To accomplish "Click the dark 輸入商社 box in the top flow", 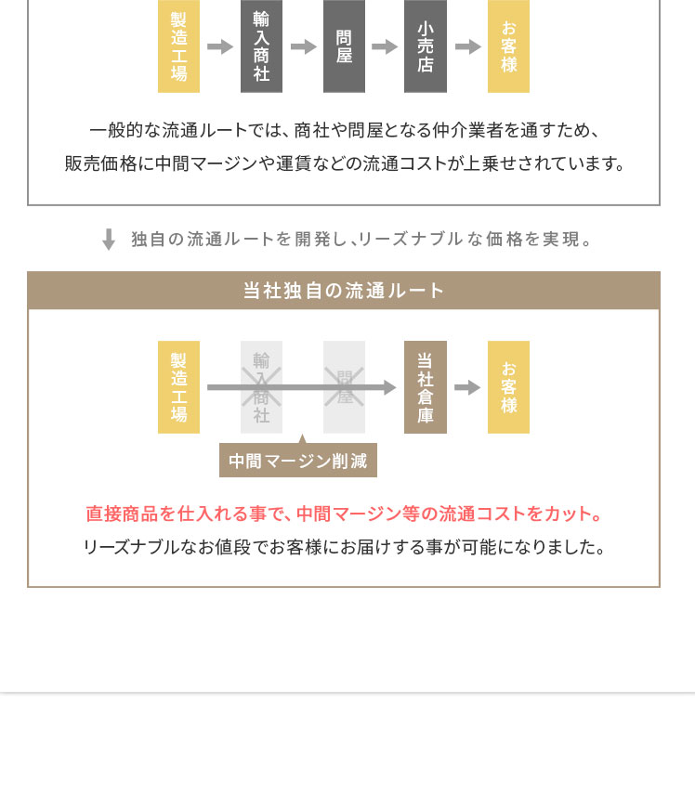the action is (261, 46).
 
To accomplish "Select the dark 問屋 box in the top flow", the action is (344, 46).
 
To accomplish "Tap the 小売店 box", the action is (426, 46).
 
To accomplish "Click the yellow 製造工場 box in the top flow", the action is (178, 46).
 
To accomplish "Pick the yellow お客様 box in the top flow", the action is (508, 46).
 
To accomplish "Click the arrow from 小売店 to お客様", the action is (467, 47).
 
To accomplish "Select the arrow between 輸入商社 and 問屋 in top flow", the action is (304, 47).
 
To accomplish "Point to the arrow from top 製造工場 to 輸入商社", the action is (220, 47).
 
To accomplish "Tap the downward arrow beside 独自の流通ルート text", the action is (109, 240).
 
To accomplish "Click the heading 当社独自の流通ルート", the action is (344, 291).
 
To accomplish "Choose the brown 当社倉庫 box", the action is (426, 387).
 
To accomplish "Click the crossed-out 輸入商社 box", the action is (261, 387).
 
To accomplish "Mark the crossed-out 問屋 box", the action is (344, 387).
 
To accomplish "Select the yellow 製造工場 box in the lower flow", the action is (178, 387).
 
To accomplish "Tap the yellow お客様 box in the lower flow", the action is (508, 387).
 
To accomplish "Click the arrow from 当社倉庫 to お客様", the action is (467, 388).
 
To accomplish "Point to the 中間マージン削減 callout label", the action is (298, 461).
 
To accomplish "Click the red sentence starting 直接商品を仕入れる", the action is (344, 514).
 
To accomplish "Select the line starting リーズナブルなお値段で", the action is (344, 547).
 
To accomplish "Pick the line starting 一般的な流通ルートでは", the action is (344, 131).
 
